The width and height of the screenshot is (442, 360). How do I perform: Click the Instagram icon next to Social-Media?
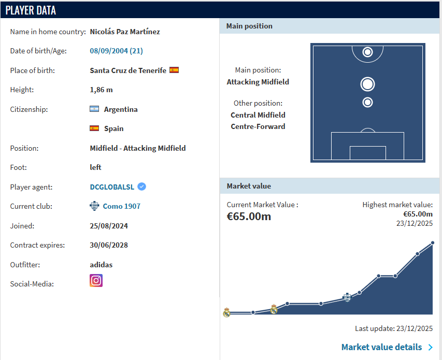click(x=96, y=281)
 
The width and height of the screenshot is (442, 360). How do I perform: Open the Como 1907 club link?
click(x=121, y=206)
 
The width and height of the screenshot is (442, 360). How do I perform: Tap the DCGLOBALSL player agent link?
click(x=112, y=187)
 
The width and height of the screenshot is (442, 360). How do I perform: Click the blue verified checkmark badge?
click(x=142, y=186)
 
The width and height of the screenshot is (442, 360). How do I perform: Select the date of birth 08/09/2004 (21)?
click(x=117, y=51)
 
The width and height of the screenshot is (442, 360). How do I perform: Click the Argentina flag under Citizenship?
click(x=94, y=109)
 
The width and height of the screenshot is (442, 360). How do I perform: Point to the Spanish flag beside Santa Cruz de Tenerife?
click(x=174, y=70)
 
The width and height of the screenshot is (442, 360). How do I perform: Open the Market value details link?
click(x=382, y=347)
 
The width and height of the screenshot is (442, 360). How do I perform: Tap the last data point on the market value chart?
click(x=433, y=243)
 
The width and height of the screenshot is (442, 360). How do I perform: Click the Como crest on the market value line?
click(x=347, y=297)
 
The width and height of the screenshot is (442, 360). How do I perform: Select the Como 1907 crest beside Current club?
click(x=94, y=206)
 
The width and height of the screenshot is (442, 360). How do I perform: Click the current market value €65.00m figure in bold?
click(x=249, y=217)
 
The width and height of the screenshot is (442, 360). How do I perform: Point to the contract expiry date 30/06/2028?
click(x=109, y=245)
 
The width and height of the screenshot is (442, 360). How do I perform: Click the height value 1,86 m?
click(x=101, y=90)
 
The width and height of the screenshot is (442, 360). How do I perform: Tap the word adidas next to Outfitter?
click(x=101, y=265)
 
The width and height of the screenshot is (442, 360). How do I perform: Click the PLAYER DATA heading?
click(x=31, y=10)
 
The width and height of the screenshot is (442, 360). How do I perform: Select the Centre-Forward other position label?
click(x=258, y=126)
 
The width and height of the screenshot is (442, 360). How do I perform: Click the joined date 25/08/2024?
click(x=109, y=226)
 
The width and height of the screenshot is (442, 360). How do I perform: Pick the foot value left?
click(x=95, y=167)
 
